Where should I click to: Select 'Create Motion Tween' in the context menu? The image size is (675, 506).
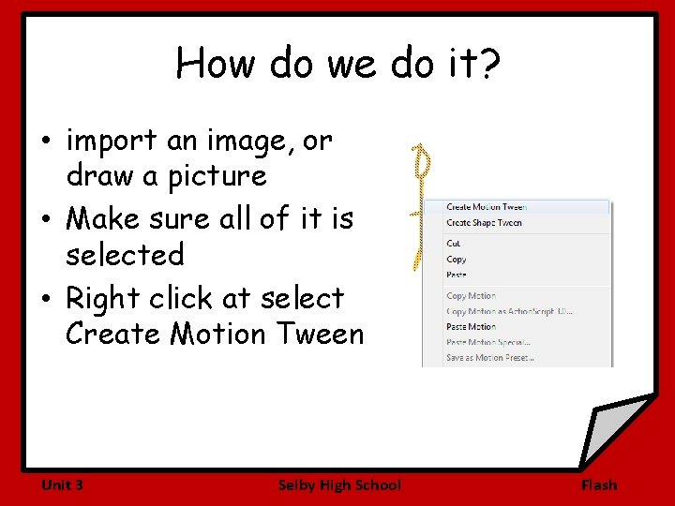coord(486,207)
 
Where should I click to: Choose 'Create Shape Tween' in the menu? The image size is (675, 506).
coord(484,223)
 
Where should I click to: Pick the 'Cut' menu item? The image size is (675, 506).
coord(454,244)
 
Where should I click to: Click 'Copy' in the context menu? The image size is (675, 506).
coord(457,260)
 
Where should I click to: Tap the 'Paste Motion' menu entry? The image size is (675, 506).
coord(471,327)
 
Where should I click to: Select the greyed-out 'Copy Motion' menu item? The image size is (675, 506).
coord(471,296)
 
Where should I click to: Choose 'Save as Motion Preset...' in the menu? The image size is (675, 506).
coord(489,357)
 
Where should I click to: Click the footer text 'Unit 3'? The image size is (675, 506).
coord(62,484)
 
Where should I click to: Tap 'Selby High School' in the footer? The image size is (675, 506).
coord(339,484)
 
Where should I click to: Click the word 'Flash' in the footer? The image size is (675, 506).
coord(599,484)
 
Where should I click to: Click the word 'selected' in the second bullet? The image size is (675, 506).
coord(125,255)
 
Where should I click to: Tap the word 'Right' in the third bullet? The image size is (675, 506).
coord(102,298)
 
